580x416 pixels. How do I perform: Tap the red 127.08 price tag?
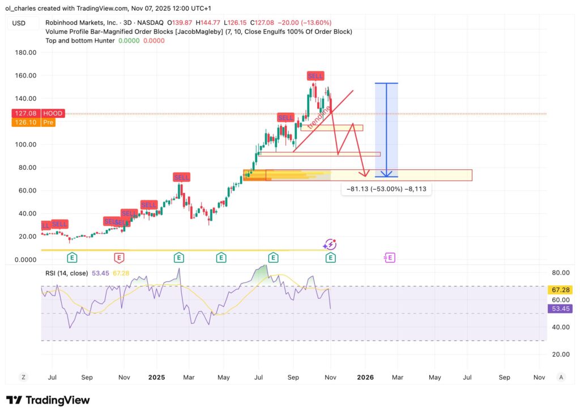click(25, 114)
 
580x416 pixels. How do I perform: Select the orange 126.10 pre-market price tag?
click(25, 122)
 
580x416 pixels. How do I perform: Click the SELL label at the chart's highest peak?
click(315, 76)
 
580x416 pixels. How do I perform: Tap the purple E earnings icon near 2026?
click(390, 258)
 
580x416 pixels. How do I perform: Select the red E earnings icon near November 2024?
click(119, 258)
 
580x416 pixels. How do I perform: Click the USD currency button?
click(19, 23)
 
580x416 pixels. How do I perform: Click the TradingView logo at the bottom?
click(48, 400)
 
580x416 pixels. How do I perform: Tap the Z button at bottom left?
click(24, 377)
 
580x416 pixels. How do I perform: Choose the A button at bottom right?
click(561, 377)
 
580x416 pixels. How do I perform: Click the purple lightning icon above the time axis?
click(330, 245)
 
